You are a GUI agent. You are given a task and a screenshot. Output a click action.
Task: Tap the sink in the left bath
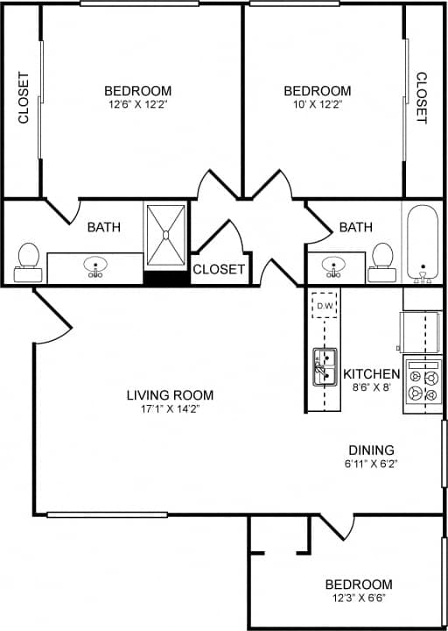pyautogui.click(x=94, y=266)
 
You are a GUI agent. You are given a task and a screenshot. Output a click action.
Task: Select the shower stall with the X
pyautogui.click(x=165, y=235)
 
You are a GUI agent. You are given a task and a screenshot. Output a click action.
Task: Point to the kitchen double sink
pyautogui.click(x=325, y=366)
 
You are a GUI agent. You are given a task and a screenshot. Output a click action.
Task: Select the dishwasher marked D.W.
pyautogui.click(x=325, y=305)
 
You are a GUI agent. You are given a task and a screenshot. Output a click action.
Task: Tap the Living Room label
pyautogui.click(x=170, y=395)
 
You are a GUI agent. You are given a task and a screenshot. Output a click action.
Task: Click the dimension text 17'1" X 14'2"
pyautogui.click(x=170, y=409)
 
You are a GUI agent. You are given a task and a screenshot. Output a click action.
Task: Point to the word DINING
pyautogui.click(x=371, y=450)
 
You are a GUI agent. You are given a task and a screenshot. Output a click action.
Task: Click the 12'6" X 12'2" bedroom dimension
pyautogui.click(x=137, y=105)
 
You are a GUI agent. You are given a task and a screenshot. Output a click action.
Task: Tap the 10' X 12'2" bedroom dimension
pyautogui.click(x=318, y=105)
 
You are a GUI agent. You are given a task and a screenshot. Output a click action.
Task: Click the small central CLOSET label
pyautogui.click(x=219, y=269)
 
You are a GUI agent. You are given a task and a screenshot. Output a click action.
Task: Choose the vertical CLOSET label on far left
pyautogui.click(x=24, y=97)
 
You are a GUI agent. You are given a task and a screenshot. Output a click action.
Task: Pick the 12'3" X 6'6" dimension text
pyautogui.click(x=358, y=599)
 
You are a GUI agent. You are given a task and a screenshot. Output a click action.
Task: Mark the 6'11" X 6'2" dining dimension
pyautogui.click(x=371, y=464)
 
